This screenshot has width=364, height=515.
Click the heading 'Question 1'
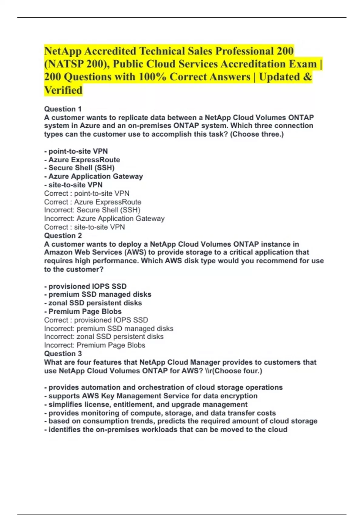tap(63, 109)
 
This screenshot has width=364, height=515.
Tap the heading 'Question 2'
tap(63, 236)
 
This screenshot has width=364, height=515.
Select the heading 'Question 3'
tap(63, 354)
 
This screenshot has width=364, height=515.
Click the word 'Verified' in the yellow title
tap(63, 90)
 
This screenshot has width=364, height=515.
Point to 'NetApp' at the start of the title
tap(62, 51)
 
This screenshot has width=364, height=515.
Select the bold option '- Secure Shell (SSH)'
tap(79, 168)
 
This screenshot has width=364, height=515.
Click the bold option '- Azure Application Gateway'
tap(93, 176)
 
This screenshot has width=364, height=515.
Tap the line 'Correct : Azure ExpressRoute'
tap(93, 202)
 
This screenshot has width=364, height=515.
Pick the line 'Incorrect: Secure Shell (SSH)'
tap(92, 210)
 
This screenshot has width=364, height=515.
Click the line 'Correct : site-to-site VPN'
tap(84, 227)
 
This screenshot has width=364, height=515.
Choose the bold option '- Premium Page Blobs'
tap(83, 312)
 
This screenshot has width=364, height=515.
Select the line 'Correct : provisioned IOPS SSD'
tap(96, 320)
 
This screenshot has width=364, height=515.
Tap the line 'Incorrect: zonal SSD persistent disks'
tap(104, 337)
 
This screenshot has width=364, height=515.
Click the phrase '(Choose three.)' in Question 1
tap(257, 134)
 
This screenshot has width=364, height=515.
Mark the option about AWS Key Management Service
tap(151, 396)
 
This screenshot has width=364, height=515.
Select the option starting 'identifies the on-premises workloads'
tap(166, 430)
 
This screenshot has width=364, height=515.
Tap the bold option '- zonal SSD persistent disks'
tap(93, 303)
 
